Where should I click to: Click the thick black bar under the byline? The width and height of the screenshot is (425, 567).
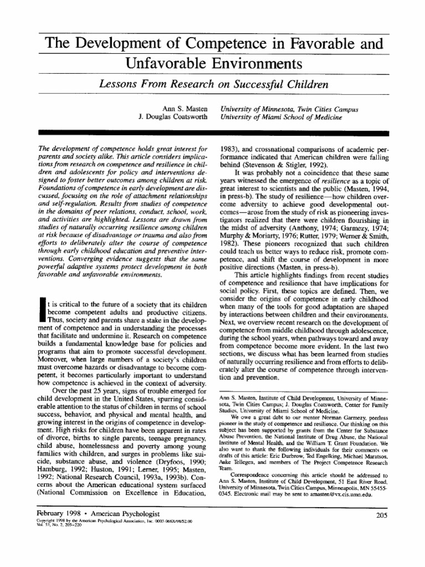pyautogui.click(x=212, y=132)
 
